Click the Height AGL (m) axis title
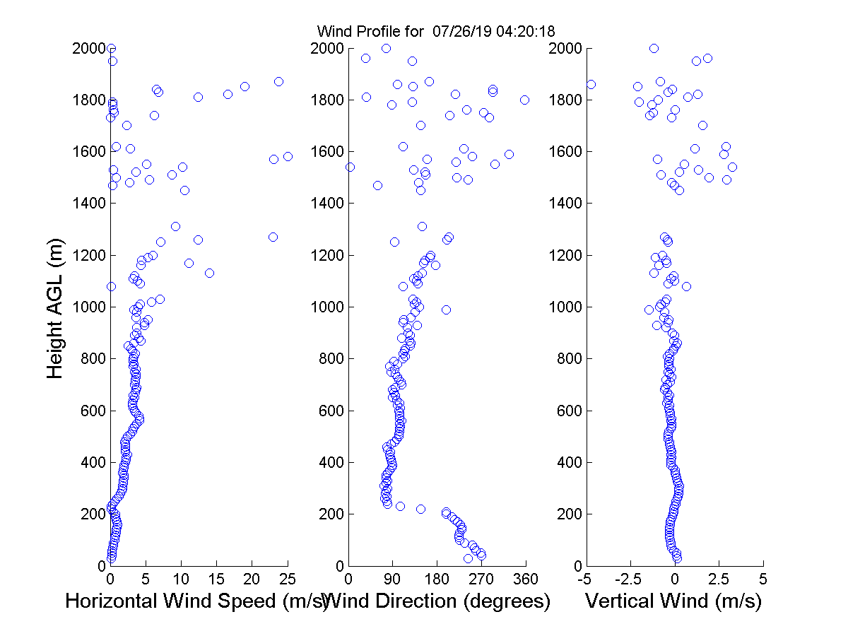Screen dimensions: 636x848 (55, 307)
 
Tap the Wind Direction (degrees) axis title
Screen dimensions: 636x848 (437, 602)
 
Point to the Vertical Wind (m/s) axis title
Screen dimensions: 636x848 (673, 602)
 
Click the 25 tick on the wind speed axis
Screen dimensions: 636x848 (287, 579)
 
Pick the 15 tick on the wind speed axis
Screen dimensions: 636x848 (216, 579)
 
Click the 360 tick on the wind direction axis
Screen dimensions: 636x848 (526, 579)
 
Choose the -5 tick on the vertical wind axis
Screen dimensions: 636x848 (585, 579)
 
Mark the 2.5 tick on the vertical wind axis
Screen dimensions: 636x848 (719, 579)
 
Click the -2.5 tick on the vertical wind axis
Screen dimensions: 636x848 (630, 579)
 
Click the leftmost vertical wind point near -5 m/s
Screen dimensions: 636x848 (591, 84)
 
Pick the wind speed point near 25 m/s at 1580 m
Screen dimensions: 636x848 (288, 156)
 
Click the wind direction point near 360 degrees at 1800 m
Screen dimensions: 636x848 (524, 100)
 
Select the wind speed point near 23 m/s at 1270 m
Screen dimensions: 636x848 (273, 237)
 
